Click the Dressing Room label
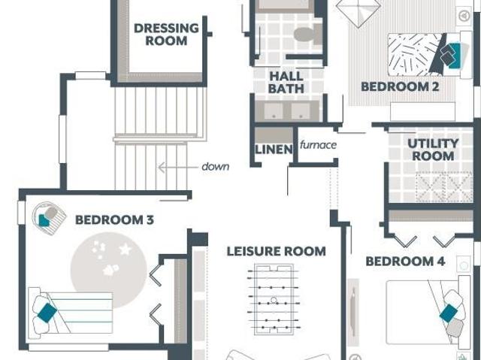[x=166, y=35]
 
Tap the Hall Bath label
[x=286, y=83]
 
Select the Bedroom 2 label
[x=400, y=86]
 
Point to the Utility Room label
[x=433, y=150]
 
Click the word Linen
[x=274, y=150]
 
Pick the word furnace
[x=318, y=144]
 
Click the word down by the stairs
[x=216, y=167]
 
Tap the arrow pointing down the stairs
[x=178, y=168]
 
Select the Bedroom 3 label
[x=114, y=220]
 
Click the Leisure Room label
[x=276, y=252]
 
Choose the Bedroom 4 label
[x=405, y=262]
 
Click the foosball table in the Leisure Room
[x=274, y=300]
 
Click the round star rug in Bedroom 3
[x=108, y=270]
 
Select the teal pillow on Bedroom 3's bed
[x=47, y=313]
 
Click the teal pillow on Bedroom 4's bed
[x=449, y=313]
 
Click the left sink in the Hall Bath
[x=274, y=110]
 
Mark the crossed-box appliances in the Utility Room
[x=444, y=186]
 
